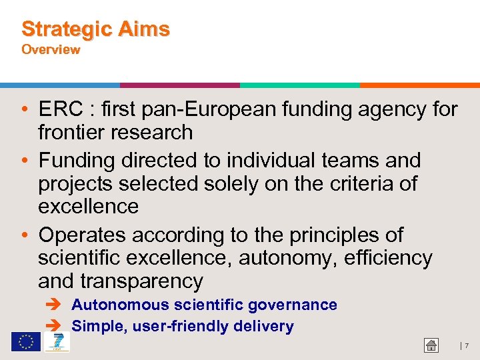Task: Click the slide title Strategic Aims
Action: pos(95,29)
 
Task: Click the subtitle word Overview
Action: pos(51,49)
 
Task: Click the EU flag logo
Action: pos(25,342)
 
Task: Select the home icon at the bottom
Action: pos(431,345)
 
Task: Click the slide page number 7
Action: pos(466,346)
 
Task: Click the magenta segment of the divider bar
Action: pos(180,85)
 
